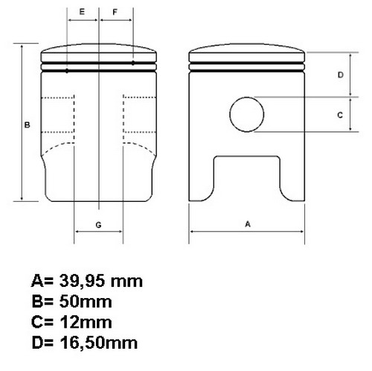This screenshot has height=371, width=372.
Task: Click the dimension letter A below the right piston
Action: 248,224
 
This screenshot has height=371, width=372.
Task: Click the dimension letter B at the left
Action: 27,125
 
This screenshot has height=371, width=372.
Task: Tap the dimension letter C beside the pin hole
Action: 340,115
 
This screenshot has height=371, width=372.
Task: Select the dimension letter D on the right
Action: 341,74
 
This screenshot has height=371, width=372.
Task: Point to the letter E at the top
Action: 82,12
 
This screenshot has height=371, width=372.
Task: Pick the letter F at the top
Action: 115,12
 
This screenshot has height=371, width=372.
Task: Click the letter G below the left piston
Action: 98,225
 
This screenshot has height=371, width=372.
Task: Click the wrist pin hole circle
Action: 247,98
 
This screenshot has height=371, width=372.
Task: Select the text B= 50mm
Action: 72,302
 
